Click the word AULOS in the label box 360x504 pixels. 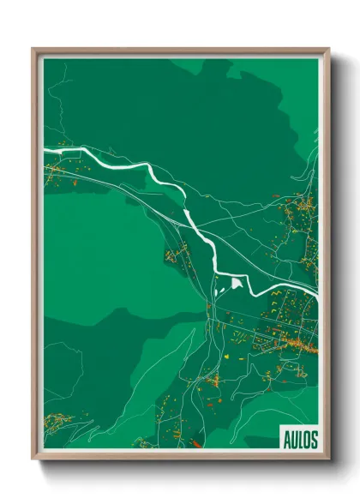299,440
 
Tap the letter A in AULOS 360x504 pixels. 285,440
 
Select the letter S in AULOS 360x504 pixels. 314,440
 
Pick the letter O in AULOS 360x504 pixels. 306,440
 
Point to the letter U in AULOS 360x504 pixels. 292,440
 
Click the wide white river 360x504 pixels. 163,176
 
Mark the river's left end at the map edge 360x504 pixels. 45,152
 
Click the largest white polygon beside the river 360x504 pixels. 237,281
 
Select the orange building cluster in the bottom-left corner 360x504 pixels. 57,421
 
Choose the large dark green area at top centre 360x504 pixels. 189,111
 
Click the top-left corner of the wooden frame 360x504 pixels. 33,49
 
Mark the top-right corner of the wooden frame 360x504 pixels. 328,49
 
